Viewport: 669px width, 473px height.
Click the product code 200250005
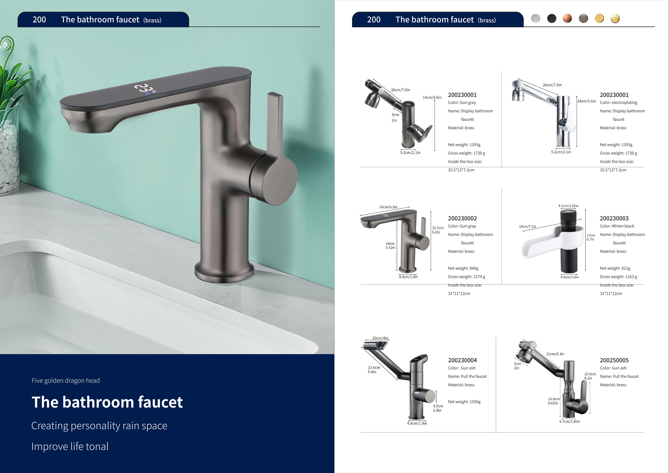click(614, 360)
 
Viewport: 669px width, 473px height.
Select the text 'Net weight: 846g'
click(463, 268)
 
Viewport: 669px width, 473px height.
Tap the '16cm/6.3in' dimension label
click(388, 207)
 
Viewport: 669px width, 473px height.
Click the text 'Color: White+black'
click(617, 226)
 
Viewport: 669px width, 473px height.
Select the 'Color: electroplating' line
click(618, 103)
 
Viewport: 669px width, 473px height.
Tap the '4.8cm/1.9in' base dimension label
click(417, 423)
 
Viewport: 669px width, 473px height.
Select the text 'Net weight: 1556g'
click(464, 402)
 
